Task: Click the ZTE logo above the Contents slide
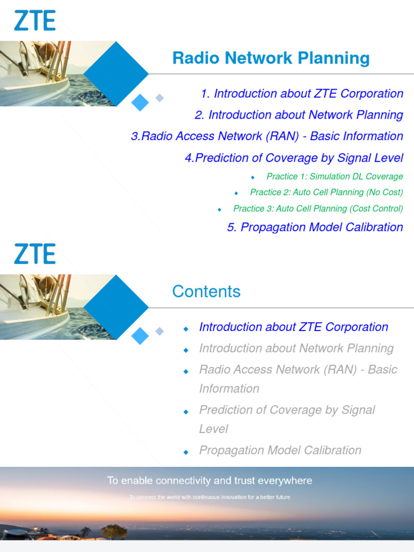(x=34, y=253)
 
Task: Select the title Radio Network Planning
(x=271, y=58)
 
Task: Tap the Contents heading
(x=206, y=292)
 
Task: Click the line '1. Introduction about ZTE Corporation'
(x=302, y=93)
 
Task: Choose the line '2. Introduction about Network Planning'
(x=299, y=115)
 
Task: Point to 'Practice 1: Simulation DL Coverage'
(x=334, y=176)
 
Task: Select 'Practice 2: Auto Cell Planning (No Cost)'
(x=326, y=192)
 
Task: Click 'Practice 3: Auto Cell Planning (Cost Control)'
(x=318, y=208)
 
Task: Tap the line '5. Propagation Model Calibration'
(x=315, y=227)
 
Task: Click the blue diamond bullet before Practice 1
(x=252, y=177)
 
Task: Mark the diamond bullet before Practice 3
(x=219, y=209)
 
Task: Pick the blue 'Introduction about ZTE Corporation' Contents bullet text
(x=293, y=327)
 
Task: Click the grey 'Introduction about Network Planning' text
(x=296, y=348)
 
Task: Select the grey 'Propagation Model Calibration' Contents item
(x=280, y=450)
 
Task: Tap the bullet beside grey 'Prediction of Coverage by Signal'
(x=186, y=411)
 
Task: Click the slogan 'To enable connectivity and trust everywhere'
(x=209, y=480)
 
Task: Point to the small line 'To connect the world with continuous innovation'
(x=209, y=497)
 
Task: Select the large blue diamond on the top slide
(x=116, y=73)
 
